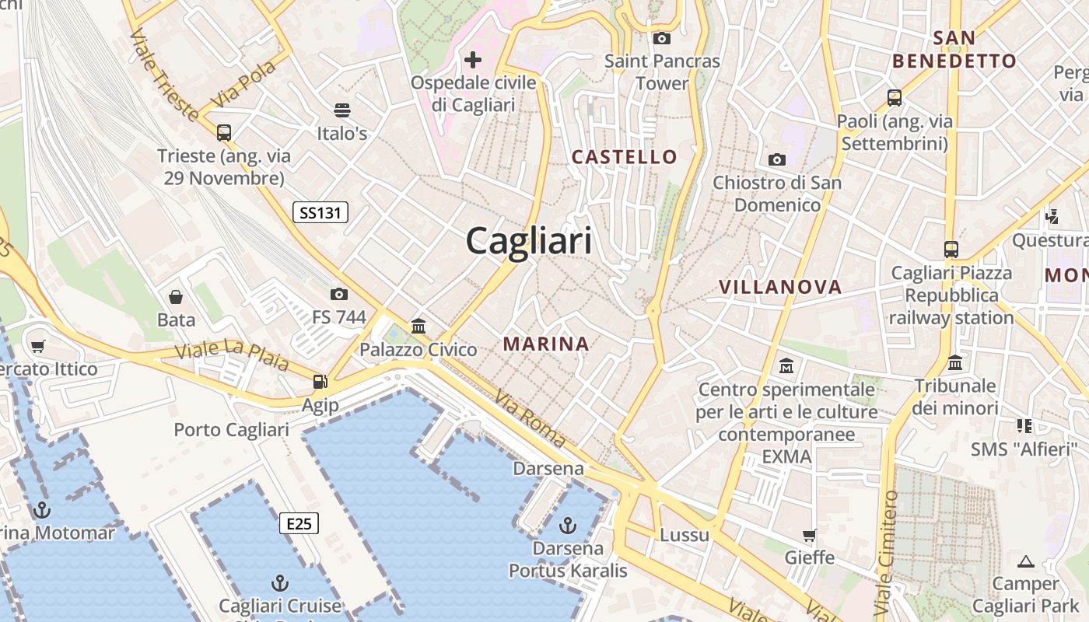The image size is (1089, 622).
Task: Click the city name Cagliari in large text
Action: coord(529,241)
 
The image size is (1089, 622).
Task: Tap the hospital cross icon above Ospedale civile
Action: coord(473,59)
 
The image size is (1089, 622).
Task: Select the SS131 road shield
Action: coord(320,212)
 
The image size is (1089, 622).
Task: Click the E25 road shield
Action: coord(299,523)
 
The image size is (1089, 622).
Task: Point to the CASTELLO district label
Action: coord(624,157)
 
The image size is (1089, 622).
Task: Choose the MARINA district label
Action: coord(546,344)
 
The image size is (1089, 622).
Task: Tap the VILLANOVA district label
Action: coord(780,287)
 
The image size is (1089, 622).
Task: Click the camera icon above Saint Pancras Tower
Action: coord(662,38)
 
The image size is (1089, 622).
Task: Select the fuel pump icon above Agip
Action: coord(320,382)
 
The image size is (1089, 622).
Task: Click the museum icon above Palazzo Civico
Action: coord(418,326)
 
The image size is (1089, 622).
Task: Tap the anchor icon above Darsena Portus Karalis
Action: coord(568,526)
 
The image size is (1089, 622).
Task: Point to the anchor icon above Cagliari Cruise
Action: coord(280,583)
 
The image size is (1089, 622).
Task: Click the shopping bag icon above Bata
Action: coord(177,297)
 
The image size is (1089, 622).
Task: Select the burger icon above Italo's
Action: coord(342,110)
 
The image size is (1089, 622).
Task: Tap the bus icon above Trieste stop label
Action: coord(224,133)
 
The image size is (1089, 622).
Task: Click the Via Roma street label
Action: coord(530,418)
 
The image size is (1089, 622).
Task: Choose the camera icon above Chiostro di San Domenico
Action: coord(777,160)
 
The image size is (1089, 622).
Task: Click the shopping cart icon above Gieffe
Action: coord(810,535)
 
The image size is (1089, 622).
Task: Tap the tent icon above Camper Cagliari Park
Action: coord(1026,561)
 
